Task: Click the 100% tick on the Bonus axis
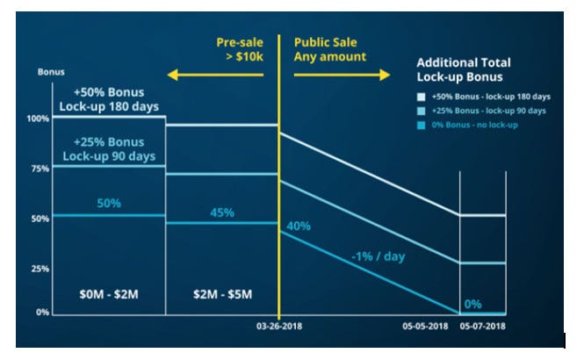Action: [x=37, y=119]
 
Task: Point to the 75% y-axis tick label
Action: [x=39, y=169]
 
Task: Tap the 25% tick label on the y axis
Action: [x=39, y=269]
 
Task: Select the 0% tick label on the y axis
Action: [x=41, y=313]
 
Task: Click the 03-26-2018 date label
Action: [x=278, y=326]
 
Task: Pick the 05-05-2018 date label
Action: [x=425, y=326]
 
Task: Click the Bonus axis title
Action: [x=46, y=70]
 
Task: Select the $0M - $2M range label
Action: [x=108, y=292]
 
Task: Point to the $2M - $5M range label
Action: [x=220, y=292]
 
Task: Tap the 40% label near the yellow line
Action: [x=299, y=227]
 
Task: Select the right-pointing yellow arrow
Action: [x=342, y=76]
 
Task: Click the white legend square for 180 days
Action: [x=422, y=97]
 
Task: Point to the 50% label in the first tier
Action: [x=108, y=204]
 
